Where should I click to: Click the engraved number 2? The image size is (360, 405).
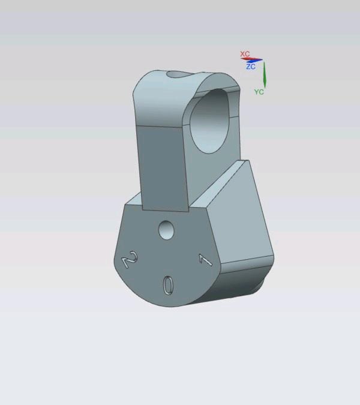[x=130, y=259]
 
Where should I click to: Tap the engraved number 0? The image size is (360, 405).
[x=168, y=285]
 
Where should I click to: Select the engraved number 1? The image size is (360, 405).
[x=205, y=260]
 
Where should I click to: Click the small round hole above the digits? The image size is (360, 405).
[x=166, y=230]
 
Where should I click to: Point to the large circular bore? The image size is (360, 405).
[x=209, y=121]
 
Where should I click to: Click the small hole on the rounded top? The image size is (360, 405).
[x=178, y=74]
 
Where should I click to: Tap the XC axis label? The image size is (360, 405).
[x=245, y=54]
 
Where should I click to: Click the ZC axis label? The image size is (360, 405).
[x=251, y=67]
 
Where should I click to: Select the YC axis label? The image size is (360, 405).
[x=259, y=92]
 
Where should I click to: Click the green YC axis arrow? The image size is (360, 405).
[x=265, y=74]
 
